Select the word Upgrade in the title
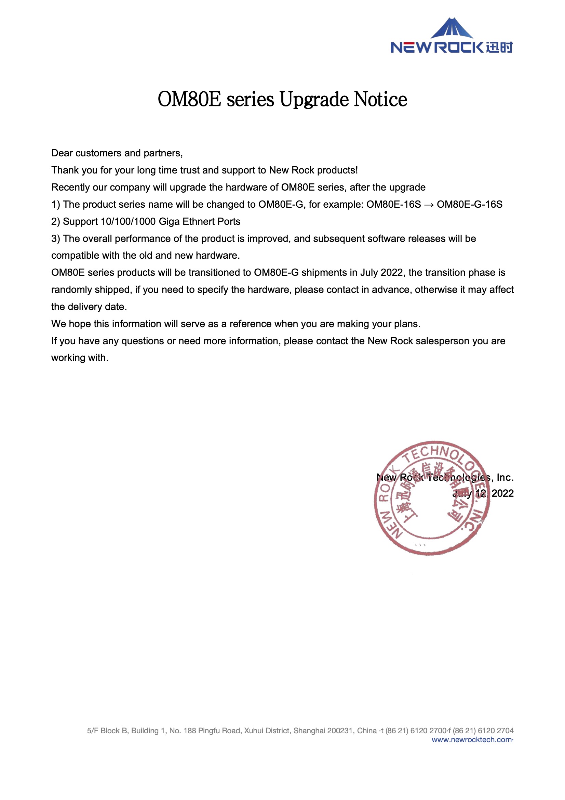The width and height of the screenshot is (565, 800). (x=314, y=100)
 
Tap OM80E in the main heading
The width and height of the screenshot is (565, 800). (x=189, y=99)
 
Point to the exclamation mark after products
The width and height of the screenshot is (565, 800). (x=357, y=170)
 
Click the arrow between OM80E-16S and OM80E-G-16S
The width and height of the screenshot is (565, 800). (x=429, y=205)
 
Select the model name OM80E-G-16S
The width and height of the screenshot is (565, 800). (x=469, y=205)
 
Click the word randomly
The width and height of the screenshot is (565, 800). (x=71, y=290)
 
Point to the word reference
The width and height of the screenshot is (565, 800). (x=250, y=324)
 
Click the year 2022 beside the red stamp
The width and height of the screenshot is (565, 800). (x=502, y=493)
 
